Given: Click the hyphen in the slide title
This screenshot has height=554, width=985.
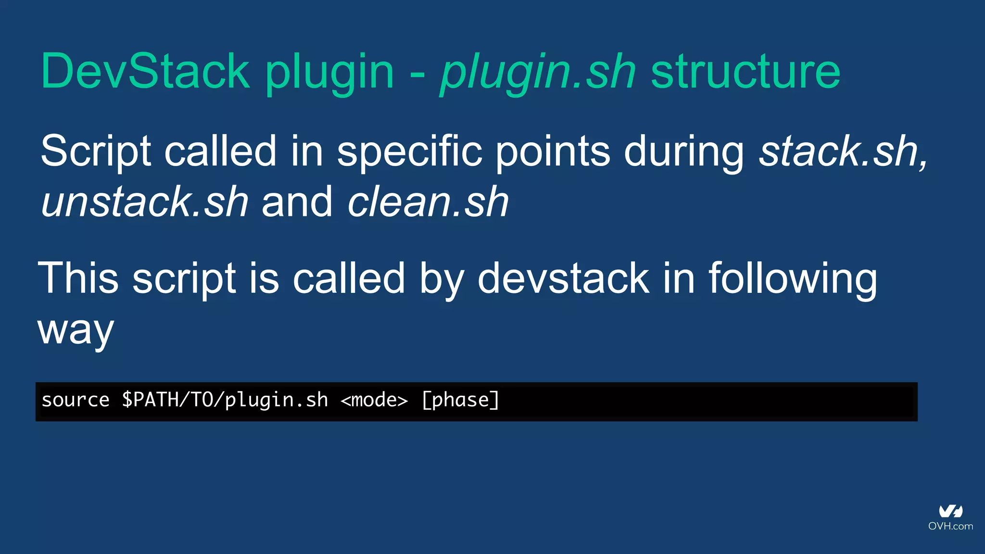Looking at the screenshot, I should (x=417, y=75).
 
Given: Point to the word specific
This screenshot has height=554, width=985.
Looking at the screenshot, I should (x=409, y=151).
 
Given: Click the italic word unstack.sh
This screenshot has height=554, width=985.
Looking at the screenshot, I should (x=145, y=202).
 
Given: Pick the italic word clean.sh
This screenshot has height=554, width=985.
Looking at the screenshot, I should (x=428, y=202).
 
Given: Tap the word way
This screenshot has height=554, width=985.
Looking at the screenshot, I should (x=76, y=331).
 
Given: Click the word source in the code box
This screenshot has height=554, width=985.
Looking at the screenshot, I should (x=76, y=400).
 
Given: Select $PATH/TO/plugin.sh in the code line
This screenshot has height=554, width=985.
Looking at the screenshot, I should (x=225, y=400).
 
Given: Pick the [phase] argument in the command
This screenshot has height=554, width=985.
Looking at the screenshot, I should (x=460, y=400).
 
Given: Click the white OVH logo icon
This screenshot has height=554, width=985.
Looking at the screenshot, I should (x=950, y=511).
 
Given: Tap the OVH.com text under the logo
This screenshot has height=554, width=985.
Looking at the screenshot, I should (x=950, y=526).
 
